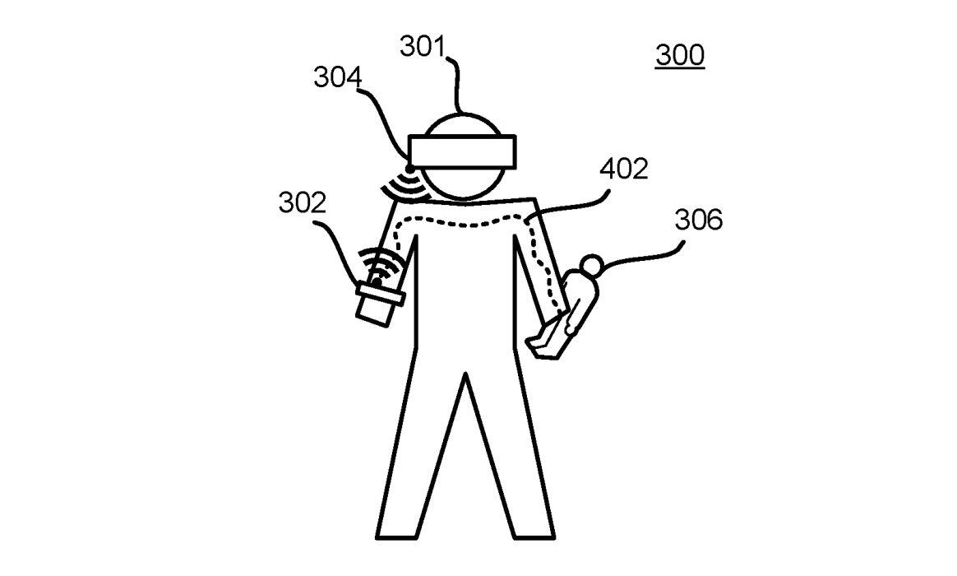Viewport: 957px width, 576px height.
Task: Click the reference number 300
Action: (679, 55)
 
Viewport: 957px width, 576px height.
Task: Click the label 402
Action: (624, 169)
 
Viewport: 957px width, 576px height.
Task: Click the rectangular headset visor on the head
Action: (465, 151)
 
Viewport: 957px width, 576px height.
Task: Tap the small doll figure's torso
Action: (576, 304)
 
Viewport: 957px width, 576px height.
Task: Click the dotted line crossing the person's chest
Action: (460, 223)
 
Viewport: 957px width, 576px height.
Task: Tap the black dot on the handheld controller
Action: (376, 282)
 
